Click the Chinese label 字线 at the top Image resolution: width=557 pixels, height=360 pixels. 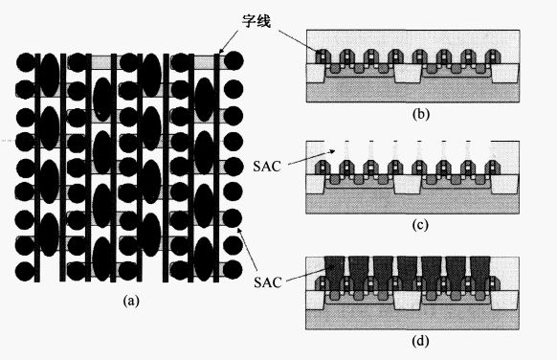click(256, 21)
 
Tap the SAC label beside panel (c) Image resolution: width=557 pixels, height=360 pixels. click(267, 167)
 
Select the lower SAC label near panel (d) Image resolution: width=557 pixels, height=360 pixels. click(268, 282)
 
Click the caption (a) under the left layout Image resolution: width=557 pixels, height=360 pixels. click(131, 301)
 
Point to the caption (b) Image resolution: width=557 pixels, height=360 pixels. click(421, 115)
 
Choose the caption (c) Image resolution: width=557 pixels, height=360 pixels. click(420, 225)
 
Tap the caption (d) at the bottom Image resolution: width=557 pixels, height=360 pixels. click(420, 341)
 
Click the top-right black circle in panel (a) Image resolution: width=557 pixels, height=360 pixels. click(234, 60)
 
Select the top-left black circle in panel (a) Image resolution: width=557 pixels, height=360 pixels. click(26, 62)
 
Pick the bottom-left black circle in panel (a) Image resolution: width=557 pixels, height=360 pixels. click(25, 272)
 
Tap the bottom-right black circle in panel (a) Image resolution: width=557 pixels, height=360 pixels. click(233, 270)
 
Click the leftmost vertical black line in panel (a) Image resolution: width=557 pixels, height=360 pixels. click(37, 168)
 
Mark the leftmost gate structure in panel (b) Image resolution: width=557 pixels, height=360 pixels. click(323, 56)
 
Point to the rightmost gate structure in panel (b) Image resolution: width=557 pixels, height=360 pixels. click(493, 56)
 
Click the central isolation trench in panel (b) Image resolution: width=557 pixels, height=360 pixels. click(408, 74)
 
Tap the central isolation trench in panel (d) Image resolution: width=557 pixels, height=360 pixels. click(408, 301)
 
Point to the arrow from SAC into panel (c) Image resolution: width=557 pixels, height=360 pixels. click(311, 158)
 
